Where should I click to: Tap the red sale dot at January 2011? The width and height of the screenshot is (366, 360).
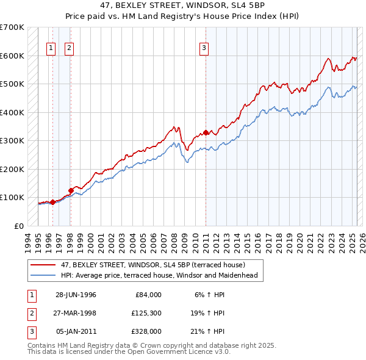[206, 132]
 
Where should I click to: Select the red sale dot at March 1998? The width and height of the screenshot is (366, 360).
[71, 190]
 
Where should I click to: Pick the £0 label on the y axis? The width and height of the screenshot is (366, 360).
[19, 226]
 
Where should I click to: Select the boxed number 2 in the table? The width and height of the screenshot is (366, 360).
[30, 313]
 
